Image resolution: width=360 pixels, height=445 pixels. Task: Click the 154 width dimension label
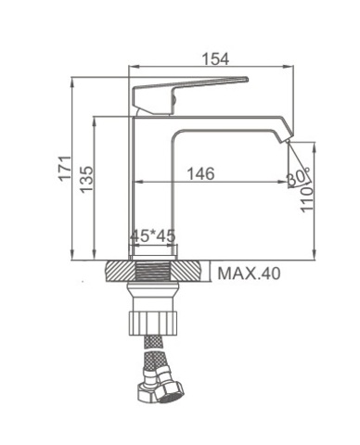point(215,59)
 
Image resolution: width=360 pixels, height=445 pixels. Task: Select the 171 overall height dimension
point(65,169)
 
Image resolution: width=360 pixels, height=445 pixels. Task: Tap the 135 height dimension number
point(86,180)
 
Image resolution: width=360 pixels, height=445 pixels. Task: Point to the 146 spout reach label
point(200,173)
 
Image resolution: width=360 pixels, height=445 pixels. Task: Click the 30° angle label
point(298,177)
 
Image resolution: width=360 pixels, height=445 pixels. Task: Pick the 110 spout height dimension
point(307,199)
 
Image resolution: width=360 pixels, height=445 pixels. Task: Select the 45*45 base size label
point(152,236)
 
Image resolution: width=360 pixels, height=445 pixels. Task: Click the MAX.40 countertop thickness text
point(249,273)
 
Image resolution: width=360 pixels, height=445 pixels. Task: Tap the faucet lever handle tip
point(247,79)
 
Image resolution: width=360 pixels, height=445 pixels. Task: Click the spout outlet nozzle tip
point(288,141)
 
